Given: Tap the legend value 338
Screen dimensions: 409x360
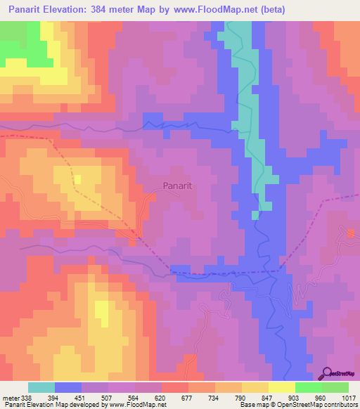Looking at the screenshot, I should pos(27,398).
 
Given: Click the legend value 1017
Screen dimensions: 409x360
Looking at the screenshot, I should pos(349,398).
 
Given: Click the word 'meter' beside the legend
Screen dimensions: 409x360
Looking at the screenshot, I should pos(10,398).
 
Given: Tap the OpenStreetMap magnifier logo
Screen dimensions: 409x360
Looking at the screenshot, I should pos(328,375).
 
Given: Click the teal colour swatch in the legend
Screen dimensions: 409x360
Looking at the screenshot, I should pos(41,387).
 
